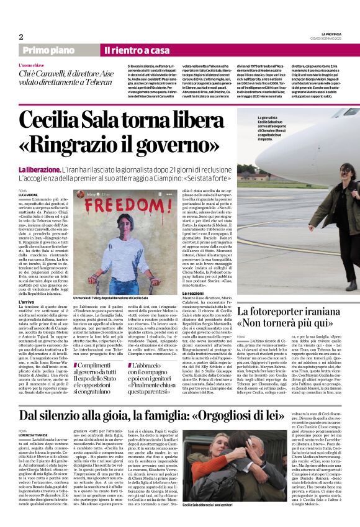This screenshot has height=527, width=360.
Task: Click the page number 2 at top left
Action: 20,37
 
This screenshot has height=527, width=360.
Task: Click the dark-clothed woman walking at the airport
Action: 332,205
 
